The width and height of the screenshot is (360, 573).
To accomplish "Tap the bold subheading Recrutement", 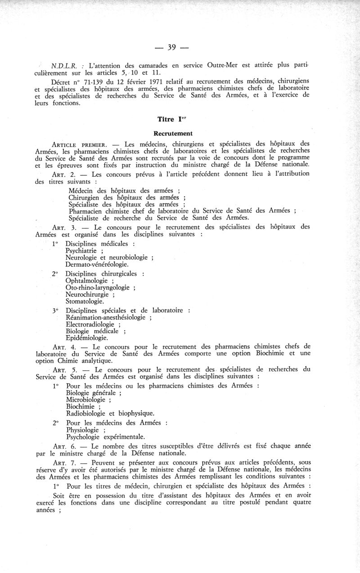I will tap(173, 133).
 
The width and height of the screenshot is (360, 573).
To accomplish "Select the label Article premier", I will tap(79, 144).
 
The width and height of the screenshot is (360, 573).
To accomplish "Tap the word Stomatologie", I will tap(85, 301).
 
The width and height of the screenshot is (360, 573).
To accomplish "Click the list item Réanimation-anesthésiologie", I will tap(105, 317).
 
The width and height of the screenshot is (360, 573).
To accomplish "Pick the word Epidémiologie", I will tap(86, 338).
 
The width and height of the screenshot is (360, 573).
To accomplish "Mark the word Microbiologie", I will tap(85, 399).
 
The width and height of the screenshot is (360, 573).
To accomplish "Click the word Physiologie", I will tap(83, 430).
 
